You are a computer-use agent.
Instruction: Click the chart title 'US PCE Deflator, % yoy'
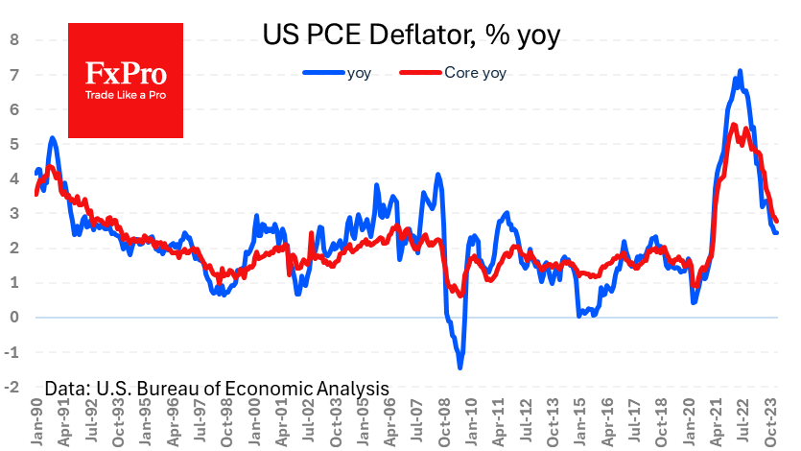[x=411, y=36]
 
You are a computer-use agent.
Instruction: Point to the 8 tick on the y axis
[x=14, y=40]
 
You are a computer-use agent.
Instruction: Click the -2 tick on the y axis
[x=12, y=387]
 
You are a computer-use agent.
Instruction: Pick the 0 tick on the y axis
[x=14, y=318]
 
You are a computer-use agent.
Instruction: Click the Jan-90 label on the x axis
[x=35, y=422]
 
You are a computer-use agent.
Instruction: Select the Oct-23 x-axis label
[x=773, y=422]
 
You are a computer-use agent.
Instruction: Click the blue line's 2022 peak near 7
[x=740, y=71]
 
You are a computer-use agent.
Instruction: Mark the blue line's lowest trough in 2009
[x=460, y=368]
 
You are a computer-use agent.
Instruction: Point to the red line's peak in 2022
[x=734, y=125]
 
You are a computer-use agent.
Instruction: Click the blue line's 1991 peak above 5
[x=52, y=137]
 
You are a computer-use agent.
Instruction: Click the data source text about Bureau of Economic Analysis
[x=216, y=388]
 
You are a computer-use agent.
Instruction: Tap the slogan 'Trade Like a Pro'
[x=126, y=95]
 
